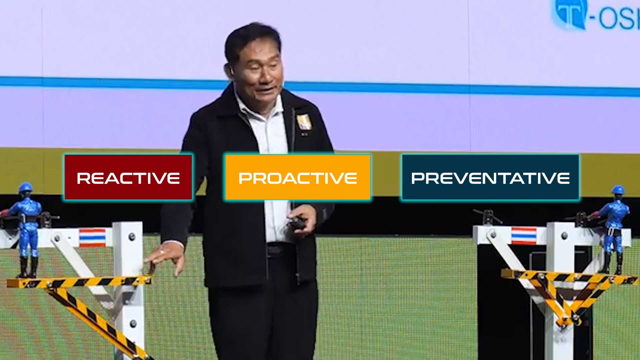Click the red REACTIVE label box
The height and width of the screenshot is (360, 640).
tap(128, 177)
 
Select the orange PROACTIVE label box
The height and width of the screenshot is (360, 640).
tap(298, 177)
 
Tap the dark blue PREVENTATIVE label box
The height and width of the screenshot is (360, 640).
tap(490, 177)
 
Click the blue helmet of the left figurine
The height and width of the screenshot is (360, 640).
tap(26, 188)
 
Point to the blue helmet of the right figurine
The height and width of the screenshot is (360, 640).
tap(618, 190)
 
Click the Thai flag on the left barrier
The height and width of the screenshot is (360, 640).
tap(92, 237)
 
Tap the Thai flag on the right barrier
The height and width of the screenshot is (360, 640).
tap(524, 236)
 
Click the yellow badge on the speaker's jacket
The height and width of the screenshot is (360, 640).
tap(304, 122)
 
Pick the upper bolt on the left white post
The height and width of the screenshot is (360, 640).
tap(132, 237)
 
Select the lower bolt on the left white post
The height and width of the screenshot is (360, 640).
tap(133, 323)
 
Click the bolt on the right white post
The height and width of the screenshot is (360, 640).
tap(564, 236)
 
